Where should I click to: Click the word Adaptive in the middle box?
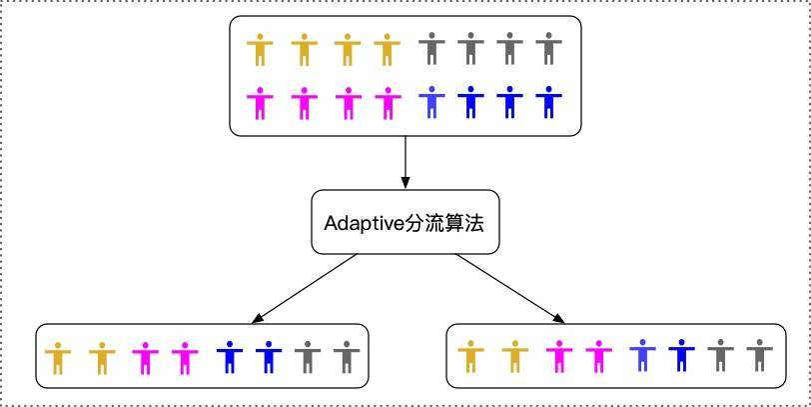click(x=364, y=223)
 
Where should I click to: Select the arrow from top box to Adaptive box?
click(x=405, y=161)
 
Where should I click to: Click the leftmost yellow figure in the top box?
click(x=261, y=49)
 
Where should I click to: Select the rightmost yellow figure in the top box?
click(x=387, y=49)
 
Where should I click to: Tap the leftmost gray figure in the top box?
click(x=431, y=49)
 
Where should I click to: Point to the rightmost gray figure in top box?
click(x=546, y=49)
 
